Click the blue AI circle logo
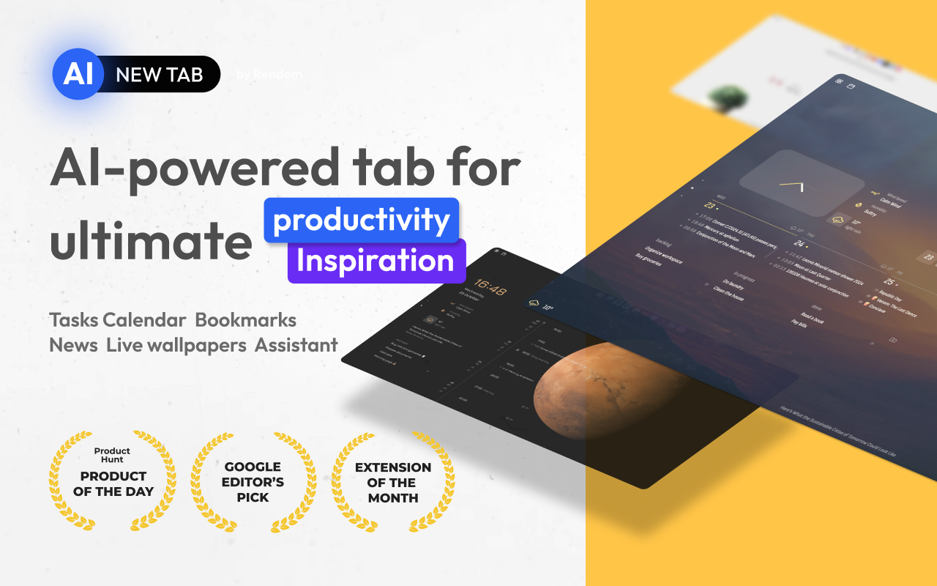tap(78, 74)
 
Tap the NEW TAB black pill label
tap(160, 74)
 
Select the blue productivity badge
tap(362, 220)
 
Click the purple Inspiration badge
tap(376, 261)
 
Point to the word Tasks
tap(73, 320)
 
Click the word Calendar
tap(144, 320)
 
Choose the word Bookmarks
tap(245, 320)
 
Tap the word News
tap(73, 345)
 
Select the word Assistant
tap(296, 345)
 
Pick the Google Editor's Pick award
tap(253, 481)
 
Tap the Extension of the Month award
tap(393, 481)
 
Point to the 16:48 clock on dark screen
tap(490, 286)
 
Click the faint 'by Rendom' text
tap(269, 74)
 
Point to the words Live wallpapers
tap(176, 345)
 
